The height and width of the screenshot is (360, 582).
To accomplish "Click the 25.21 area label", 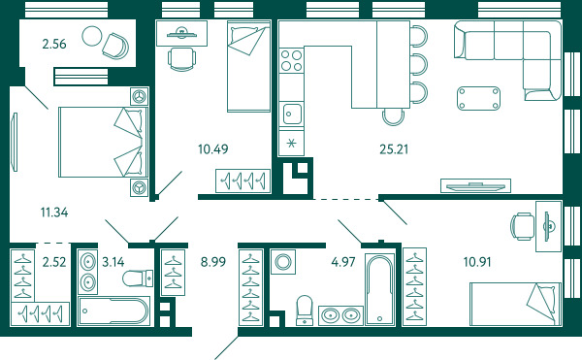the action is (394, 149).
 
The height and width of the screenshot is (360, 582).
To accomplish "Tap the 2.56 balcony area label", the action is (54, 44).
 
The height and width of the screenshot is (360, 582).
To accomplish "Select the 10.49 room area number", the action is (213, 149).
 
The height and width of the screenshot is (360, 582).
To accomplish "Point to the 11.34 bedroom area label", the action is (54, 213).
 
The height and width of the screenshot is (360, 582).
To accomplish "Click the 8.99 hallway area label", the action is (213, 262).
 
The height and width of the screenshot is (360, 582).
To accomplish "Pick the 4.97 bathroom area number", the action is (343, 262).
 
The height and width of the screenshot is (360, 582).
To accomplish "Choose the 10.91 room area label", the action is (477, 262).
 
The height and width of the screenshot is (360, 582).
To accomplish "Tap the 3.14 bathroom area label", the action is (113, 262).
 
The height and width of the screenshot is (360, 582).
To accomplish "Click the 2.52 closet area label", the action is (54, 262).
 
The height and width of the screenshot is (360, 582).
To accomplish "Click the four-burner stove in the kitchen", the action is (291, 60).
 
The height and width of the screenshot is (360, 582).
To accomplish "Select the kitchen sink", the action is (292, 114).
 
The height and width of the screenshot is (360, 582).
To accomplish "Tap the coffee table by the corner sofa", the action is (479, 98).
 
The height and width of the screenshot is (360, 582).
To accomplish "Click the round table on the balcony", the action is (92, 36).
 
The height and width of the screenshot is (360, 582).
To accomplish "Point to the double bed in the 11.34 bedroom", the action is (103, 142).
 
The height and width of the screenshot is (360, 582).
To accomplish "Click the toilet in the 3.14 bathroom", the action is (138, 278).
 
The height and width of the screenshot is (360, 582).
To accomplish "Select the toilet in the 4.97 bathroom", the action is (305, 311).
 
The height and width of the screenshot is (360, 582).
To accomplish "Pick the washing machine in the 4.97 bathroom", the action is (283, 262).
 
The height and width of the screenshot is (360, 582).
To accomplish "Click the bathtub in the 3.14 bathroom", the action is (114, 311).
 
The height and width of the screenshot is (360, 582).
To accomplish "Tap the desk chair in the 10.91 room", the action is (522, 226).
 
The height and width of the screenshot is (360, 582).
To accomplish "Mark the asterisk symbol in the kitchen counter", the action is (291, 143).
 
